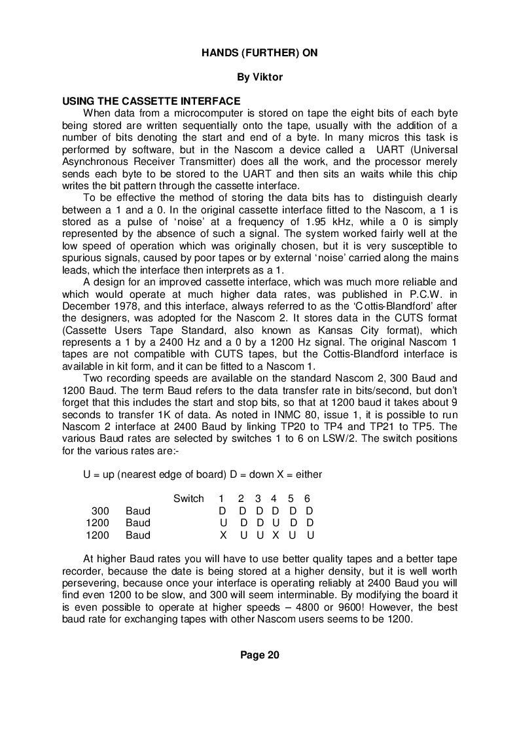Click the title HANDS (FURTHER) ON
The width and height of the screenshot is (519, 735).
click(x=259, y=53)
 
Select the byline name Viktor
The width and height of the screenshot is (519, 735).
click(x=268, y=77)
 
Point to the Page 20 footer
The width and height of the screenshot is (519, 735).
click(x=259, y=655)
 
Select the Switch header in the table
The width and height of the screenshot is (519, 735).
click(x=188, y=499)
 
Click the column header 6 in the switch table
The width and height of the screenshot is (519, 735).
click(x=307, y=499)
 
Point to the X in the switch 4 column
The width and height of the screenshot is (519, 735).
click(x=276, y=535)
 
